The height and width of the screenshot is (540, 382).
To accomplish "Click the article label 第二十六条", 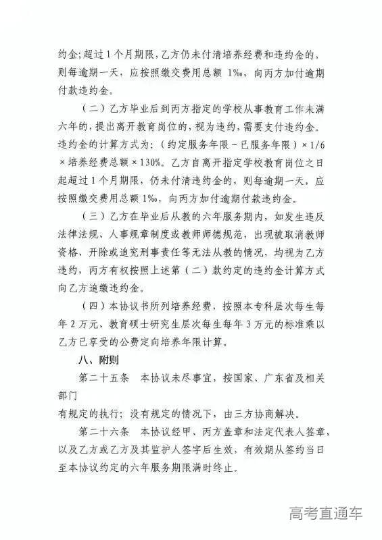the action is point(102,432).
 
